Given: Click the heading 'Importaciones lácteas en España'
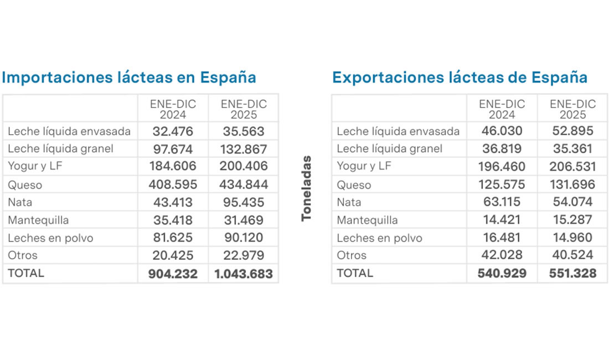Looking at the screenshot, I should pyautogui.click(x=128, y=77).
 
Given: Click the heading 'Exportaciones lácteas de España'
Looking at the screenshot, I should pyautogui.click(x=460, y=77).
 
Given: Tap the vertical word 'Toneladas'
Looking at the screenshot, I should pyautogui.click(x=306, y=188).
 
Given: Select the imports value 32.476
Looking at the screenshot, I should pyautogui.click(x=173, y=131).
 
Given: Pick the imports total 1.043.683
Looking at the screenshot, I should pyautogui.click(x=244, y=274).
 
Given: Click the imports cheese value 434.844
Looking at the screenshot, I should pyautogui.click(x=244, y=184).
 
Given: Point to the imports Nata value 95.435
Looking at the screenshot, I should pyautogui.click(x=244, y=202).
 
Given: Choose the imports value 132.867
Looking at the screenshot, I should pyautogui.click(x=244, y=149).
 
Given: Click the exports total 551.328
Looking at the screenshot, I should pyautogui.click(x=572, y=273).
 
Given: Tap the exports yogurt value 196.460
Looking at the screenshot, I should pyautogui.click(x=502, y=166).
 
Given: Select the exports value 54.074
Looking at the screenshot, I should pyautogui.click(x=572, y=202).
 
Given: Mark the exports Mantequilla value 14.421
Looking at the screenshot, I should pyautogui.click(x=502, y=219).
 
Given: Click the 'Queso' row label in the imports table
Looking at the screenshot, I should pyautogui.click(x=25, y=185).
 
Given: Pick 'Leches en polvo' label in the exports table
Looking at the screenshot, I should pyautogui.click(x=379, y=238).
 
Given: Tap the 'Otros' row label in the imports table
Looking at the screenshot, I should pyautogui.click(x=23, y=255).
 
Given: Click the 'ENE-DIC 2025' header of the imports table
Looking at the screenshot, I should pyautogui.click(x=244, y=109).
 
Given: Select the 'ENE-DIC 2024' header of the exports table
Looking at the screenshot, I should pyautogui.click(x=502, y=109).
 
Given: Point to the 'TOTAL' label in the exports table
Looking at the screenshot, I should pyautogui.click(x=355, y=273).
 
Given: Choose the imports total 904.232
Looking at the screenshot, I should pyautogui.click(x=173, y=274).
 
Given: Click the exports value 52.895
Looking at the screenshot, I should pyautogui.click(x=572, y=131).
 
